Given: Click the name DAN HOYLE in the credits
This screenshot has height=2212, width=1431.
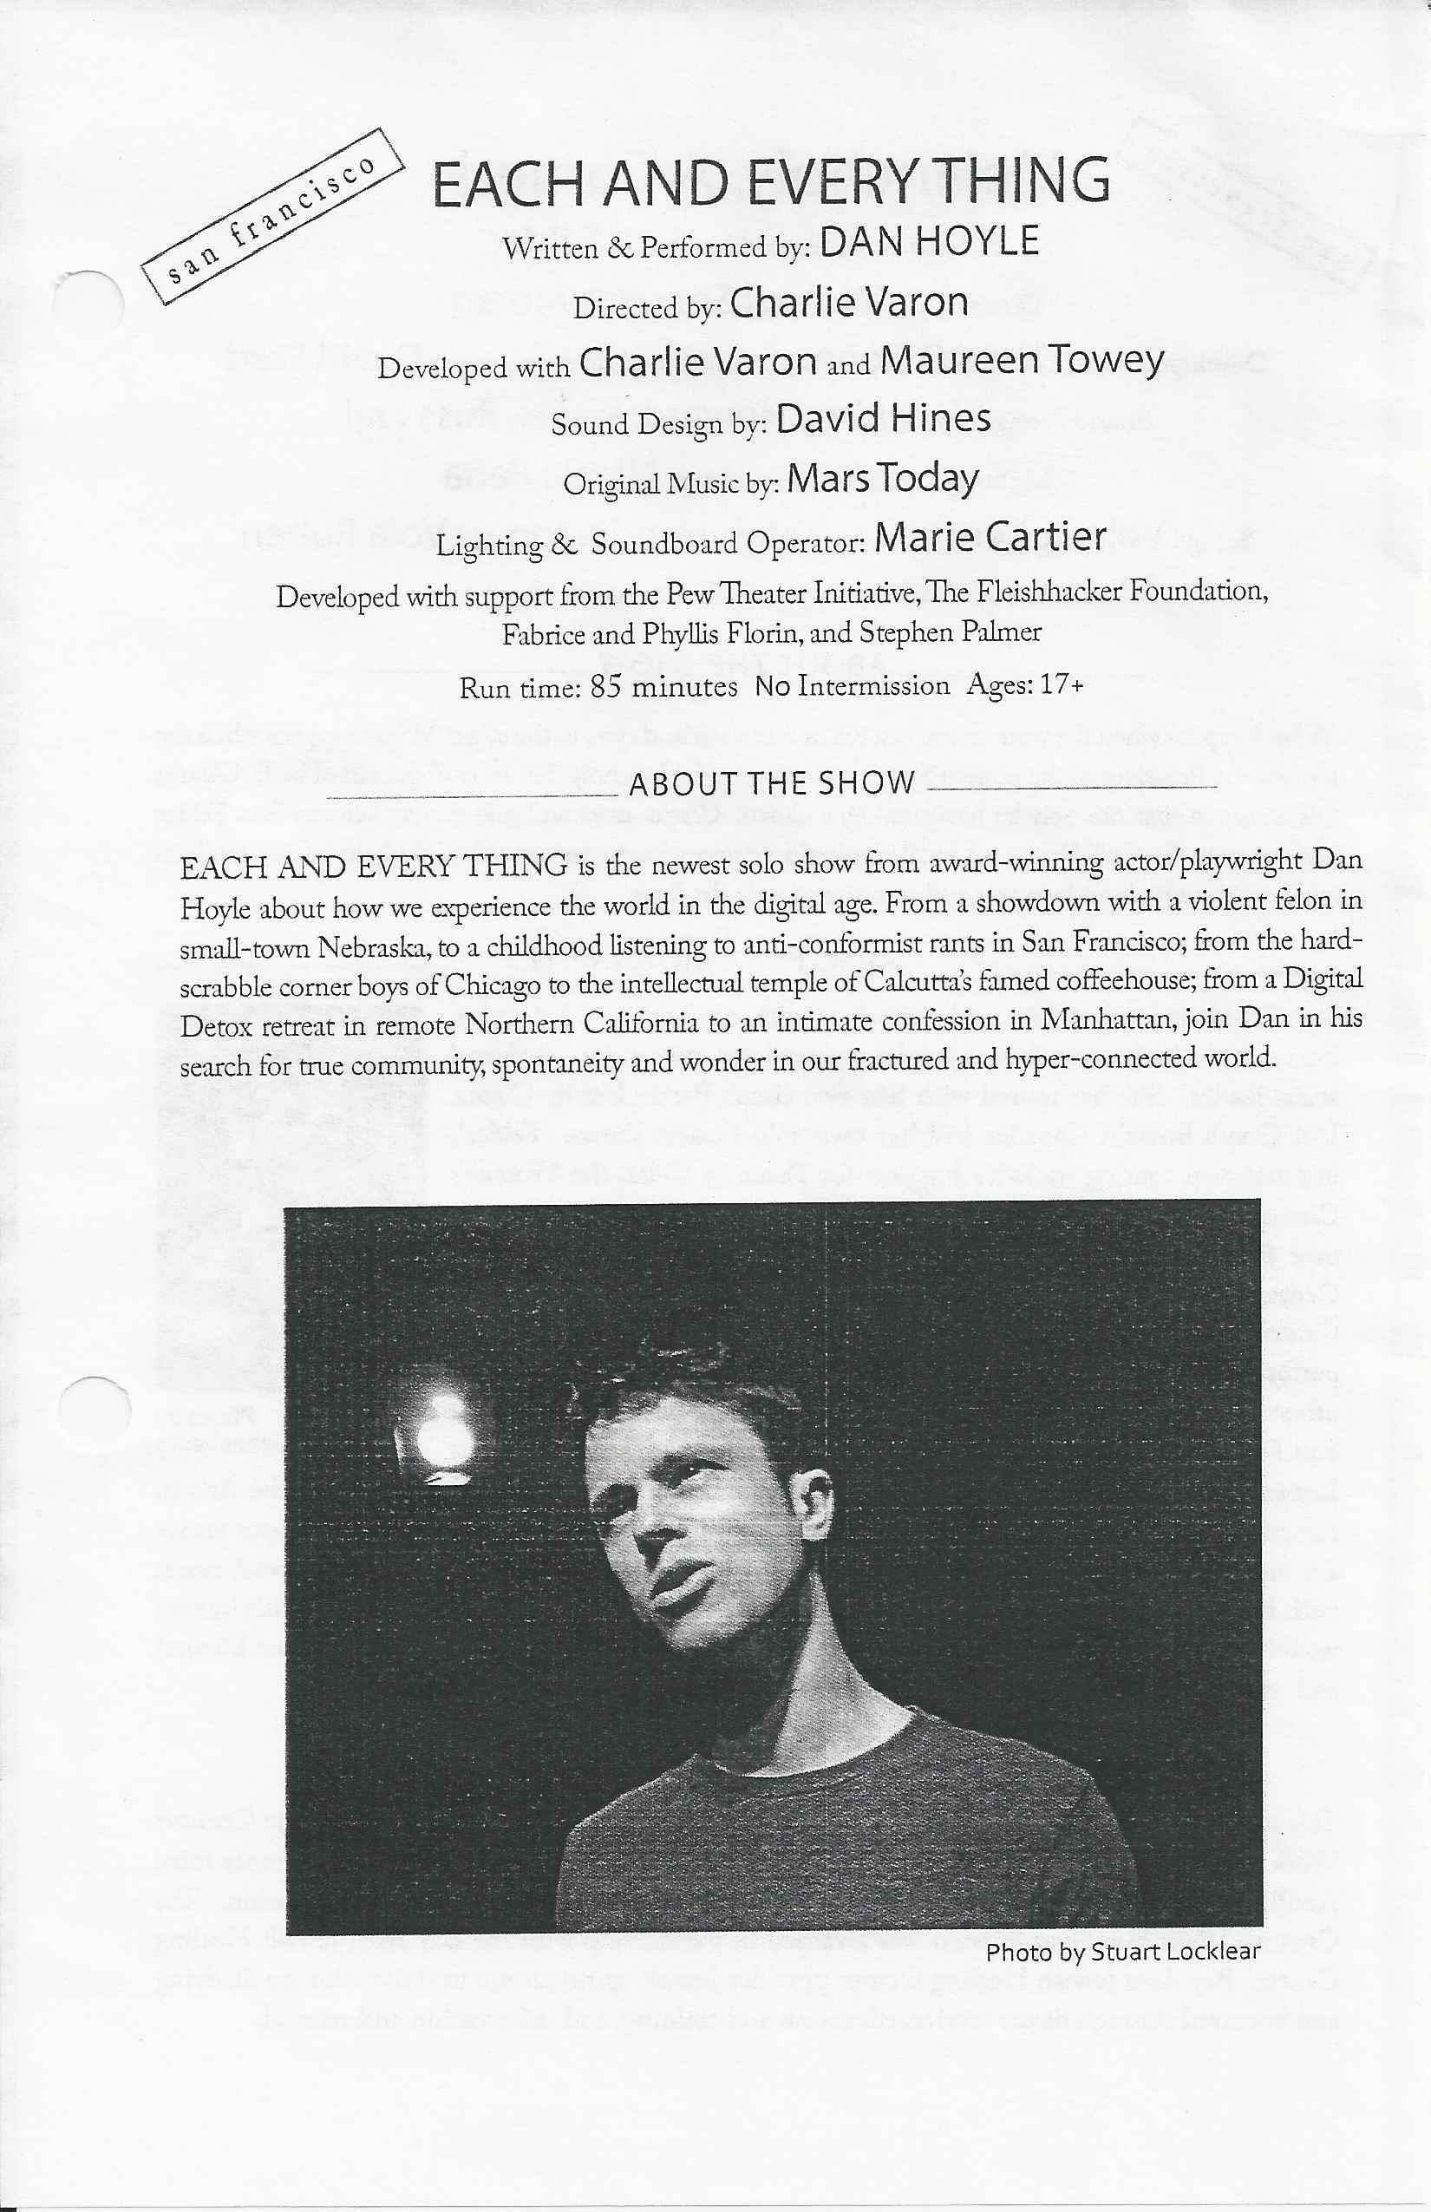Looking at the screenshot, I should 929,242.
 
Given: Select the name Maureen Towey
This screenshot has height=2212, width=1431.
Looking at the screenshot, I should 1023,361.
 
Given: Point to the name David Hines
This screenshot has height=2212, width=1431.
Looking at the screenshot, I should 883,419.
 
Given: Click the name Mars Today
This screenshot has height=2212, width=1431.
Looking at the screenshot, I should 883,480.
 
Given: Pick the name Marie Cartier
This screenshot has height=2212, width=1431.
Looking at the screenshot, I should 990,537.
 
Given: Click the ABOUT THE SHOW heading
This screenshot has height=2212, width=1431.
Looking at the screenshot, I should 772,783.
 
